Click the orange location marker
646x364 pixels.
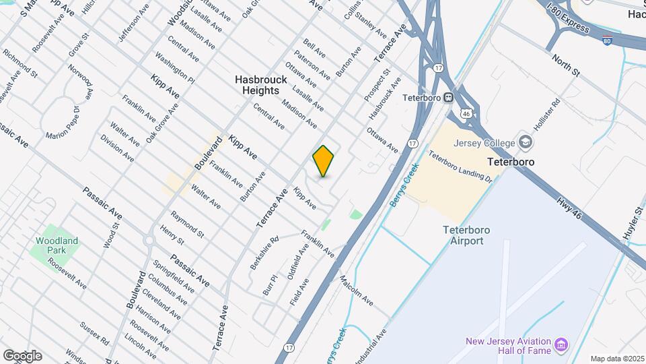click(324, 161)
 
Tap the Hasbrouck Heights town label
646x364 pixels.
click(261, 85)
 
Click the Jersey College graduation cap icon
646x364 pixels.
click(526, 142)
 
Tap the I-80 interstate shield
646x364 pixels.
click(608, 40)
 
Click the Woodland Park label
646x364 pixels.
click(57, 245)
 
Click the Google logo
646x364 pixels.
click(22, 356)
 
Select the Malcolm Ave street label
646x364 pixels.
click(356, 291)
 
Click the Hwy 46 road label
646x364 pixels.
click(569, 206)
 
